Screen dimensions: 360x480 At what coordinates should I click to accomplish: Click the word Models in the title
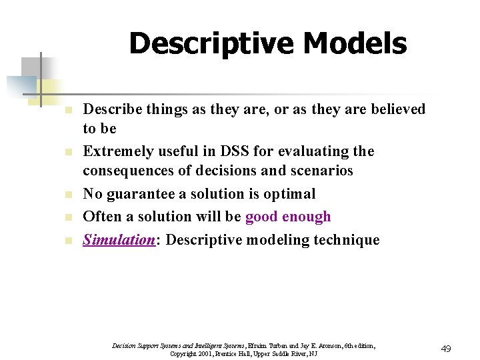(x=353, y=44)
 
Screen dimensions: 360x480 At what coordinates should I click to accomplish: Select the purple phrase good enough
(x=288, y=217)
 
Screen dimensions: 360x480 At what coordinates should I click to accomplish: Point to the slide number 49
(x=446, y=349)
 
